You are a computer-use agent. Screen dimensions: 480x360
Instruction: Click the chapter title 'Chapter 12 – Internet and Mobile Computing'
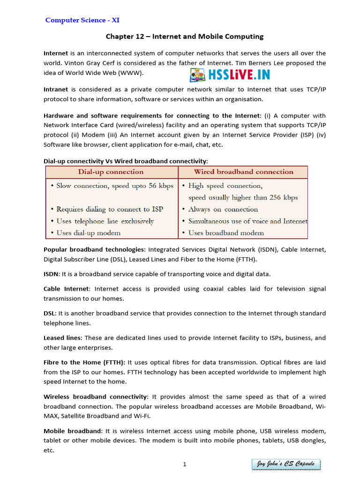tap(184, 37)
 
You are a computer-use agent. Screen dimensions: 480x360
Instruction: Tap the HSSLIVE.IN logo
tap(230, 75)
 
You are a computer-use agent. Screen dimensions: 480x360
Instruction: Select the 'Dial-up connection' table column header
tap(111, 172)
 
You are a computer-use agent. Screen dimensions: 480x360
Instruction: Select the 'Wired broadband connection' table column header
tap(243, 172)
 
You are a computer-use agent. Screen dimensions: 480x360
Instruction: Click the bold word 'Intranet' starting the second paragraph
tap(56, 89)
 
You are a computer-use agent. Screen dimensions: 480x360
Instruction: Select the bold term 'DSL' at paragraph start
tap(50, 313)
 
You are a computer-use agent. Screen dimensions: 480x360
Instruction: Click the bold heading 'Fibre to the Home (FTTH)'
tap(84, 362)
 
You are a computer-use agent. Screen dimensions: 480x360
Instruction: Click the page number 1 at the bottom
tap(185, 465)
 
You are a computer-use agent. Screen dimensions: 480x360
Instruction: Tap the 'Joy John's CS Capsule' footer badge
tap(285, 465)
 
